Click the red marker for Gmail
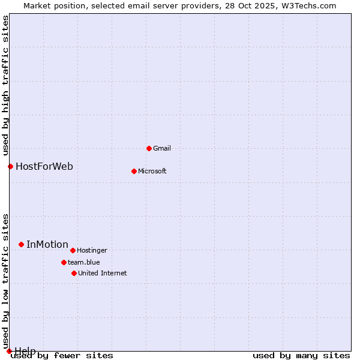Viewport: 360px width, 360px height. tap(149, 148)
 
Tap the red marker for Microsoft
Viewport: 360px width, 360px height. tap(134, 171)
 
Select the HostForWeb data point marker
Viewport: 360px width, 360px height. tap(10, 166)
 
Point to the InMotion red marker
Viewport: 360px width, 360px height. tap(21, 244)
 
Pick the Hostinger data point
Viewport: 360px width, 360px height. tap(73, 250)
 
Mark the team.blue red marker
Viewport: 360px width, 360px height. tap(64, 262)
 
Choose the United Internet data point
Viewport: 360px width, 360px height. tap(74, 273)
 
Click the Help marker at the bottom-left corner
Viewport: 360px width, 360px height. tap(9, 351)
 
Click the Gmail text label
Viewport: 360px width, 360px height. tap(162, 148)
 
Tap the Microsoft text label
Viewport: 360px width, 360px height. tap(152, 171)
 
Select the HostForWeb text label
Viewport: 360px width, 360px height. tap(44, 166)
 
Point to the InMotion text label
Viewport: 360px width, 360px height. tap(47, 244)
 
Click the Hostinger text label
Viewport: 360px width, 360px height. tap(92, 250)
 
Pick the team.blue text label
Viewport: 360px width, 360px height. tap(83, 262)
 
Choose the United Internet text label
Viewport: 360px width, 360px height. tap(102, 273)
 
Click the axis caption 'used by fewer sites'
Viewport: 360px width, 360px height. tap(62, 356)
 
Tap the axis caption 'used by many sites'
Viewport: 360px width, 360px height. tap(301, 356)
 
